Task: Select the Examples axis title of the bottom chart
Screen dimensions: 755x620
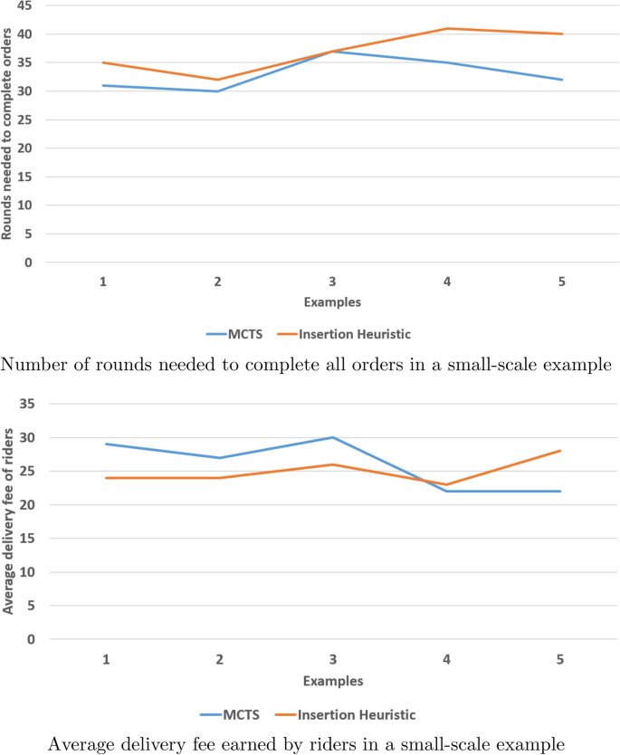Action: tap(332, 681)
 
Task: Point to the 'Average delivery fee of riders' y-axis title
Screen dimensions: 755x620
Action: tap(7, 522)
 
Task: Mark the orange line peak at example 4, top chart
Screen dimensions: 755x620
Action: tap(447, 28)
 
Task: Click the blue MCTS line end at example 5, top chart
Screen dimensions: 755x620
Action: tap(562, 80)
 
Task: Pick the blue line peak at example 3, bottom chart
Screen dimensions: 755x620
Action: tap(332, 437)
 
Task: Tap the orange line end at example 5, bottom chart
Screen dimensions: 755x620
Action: tap(562, 451)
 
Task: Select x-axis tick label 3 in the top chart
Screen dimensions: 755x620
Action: tap(332, 282)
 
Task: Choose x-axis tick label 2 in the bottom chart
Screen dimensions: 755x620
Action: tap(218, 658)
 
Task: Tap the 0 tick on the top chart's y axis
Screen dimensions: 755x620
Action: tap(28, 263)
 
